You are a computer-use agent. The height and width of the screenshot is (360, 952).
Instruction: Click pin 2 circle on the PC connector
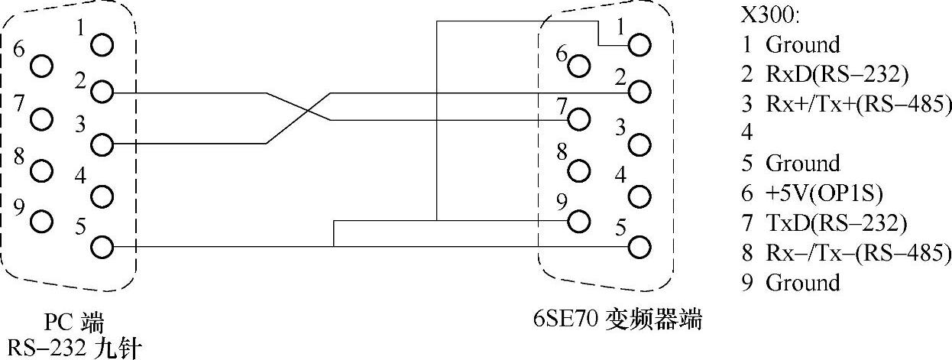click(101, 94)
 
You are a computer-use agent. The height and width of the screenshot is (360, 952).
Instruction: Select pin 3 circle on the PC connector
click(101, 144)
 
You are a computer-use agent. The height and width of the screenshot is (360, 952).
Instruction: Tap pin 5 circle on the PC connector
click(101, 247)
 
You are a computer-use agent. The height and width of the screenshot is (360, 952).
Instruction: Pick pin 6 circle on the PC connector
click(42, 67)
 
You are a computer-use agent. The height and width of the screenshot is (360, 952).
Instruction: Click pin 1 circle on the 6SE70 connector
click(639, 45)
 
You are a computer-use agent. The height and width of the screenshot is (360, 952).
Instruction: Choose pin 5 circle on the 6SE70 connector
click(639, 247)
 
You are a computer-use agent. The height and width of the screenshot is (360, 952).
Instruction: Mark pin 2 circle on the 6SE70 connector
click(639, 93)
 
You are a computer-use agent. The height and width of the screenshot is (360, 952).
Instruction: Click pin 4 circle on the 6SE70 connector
click(639, 196)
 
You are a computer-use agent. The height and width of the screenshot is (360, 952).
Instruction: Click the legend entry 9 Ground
click(791, 283)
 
